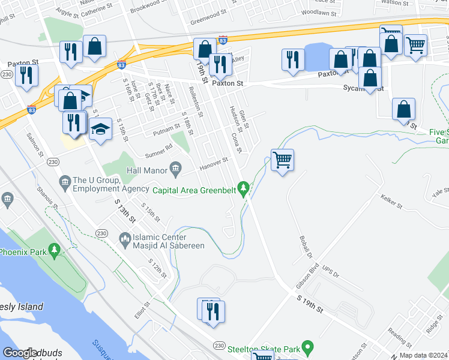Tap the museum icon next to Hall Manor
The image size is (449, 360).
coord(175,170)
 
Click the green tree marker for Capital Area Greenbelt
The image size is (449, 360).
coord(243,190)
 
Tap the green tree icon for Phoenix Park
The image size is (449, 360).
coord(55,248)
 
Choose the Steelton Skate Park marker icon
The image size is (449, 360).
coord(307,347)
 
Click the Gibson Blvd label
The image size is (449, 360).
coord(307,278)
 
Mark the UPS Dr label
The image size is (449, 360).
coord(331,271)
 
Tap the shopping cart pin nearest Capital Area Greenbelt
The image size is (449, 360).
coord(282,160)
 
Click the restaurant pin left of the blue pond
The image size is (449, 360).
coord(293,60)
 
